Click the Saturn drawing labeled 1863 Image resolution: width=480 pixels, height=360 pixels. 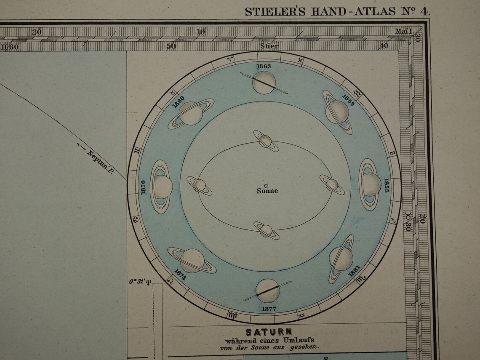point(264,83)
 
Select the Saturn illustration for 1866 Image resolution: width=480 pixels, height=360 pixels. point(191,113)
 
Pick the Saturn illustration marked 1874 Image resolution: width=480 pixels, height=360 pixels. point(192,260)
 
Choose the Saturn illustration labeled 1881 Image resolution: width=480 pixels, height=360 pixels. point(341,258)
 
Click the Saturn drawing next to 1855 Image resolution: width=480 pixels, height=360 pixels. point(371,184)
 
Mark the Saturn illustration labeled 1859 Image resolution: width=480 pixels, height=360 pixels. point(338,112)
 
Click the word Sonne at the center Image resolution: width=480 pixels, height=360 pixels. point(267,191)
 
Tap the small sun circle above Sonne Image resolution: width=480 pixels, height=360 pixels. point(266,185)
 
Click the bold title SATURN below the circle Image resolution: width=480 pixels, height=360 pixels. point(269,332)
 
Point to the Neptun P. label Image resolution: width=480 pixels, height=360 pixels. point(100,162)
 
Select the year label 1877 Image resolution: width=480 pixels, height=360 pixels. point(269,309)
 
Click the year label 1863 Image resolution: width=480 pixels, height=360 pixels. point(264,67)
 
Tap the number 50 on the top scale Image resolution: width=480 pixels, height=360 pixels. point(171,46)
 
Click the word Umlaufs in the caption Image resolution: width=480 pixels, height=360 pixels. point(299,340)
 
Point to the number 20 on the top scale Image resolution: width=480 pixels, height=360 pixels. point(37,32)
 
